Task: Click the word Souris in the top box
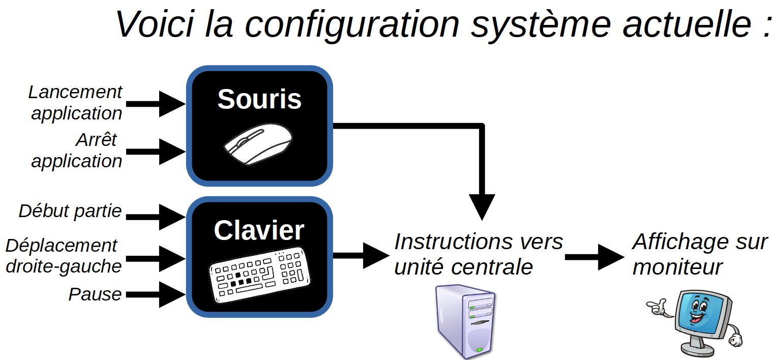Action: point(259,100)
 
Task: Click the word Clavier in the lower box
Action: point(259,230)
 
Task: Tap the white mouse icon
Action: point(258,144)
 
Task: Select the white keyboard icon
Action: point(259,275)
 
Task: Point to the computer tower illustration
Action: point(465,321)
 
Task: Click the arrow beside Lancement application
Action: point(156,104)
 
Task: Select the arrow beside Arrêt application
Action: point(156,152)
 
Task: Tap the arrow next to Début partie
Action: point(156,217)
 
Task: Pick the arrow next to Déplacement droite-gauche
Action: point(156,259)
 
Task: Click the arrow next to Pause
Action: point(156,294)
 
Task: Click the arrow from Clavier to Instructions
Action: point(361,256)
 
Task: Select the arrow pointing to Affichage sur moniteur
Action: point(595,257)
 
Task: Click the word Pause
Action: point(95,294)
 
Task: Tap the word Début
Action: point(44,211)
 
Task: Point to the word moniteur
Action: point(677,267)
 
